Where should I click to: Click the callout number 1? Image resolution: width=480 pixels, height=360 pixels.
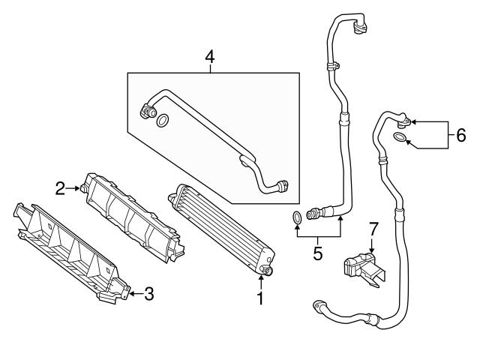pyautogui.click(x=260, y=300)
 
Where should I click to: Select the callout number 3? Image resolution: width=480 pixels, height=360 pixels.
pyautogui.click(x=148, y=294)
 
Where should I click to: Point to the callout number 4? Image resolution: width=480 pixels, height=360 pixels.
pyautogui.click(x=210, y=56)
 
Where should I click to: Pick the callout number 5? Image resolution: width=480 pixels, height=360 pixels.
pyautogui.click(x=317, y=253)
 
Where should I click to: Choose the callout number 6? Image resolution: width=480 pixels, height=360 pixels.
pyautogui.click(x=460, y=135)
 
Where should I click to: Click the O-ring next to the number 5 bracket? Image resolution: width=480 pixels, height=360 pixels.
pyautogui.click(x=298, y=218)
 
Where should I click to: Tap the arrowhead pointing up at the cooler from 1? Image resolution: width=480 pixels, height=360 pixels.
pyautogui.click(x=260, y=279)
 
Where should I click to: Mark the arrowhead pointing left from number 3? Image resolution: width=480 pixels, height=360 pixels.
pyautogui.click(x=130, y=294)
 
